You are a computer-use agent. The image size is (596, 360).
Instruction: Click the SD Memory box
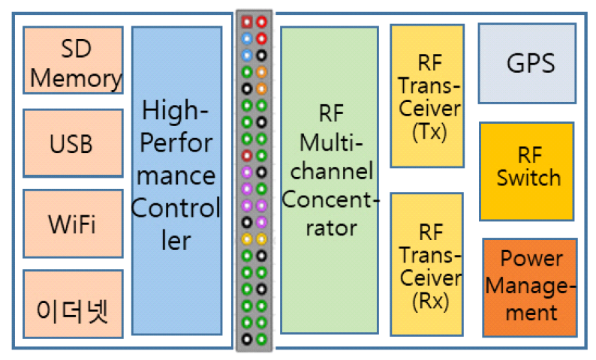[73, 60]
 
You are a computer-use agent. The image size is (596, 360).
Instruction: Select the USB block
[73, 143]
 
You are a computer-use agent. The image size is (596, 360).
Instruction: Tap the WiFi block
[73, 224]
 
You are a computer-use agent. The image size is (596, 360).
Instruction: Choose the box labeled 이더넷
[73, 306]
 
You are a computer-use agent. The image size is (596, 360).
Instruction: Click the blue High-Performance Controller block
[176, 180]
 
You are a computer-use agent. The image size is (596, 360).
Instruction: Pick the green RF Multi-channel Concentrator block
[330, 180]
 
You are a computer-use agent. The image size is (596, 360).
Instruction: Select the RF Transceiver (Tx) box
[426, 96]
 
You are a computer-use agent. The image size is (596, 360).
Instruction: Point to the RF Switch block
[527, 171]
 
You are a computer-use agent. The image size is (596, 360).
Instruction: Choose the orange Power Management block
[530, 286]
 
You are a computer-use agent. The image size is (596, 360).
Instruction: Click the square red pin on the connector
[246, 21]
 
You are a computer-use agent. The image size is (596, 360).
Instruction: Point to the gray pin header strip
[254, 180]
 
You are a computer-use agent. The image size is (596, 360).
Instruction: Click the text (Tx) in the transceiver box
[429, 133]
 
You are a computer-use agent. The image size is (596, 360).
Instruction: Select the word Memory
[76, 77]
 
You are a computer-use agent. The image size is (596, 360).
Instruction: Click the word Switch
[528, 178]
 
